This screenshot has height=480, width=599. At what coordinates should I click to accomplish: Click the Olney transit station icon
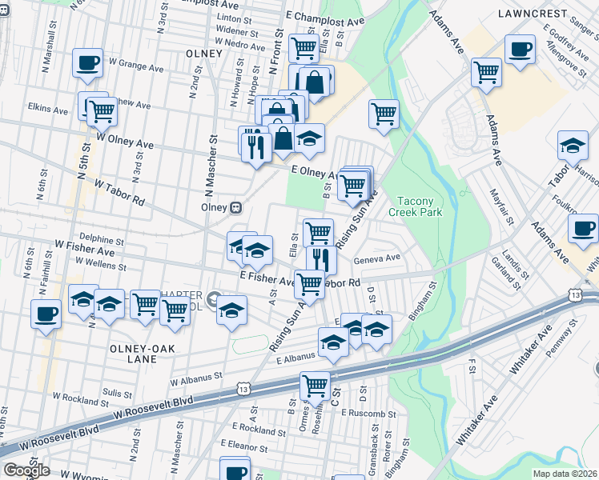pyautogui.click(x=235, y=207)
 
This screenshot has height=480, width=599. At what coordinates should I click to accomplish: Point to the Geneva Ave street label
pyautogui.click(x=377, y=258)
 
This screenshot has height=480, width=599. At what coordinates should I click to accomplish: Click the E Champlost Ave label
pyautogui.click(x=324, y=17)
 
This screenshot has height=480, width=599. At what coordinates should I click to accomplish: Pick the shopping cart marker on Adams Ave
pyautogui.click(x=486, y=73)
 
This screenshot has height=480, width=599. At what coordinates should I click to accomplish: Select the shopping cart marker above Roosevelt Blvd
pyautogui.click(x=315, y=386)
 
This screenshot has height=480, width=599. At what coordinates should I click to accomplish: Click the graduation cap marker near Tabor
pyautogui.click(x=573, y=146)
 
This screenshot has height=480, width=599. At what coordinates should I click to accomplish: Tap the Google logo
pyautogui.click(x=26, y=470)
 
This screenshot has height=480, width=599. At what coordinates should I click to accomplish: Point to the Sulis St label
pyautogui.click(x=117, y=394)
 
